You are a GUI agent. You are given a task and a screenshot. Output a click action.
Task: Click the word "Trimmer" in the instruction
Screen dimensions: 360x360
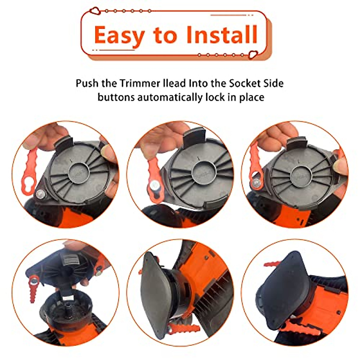(140, 83)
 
